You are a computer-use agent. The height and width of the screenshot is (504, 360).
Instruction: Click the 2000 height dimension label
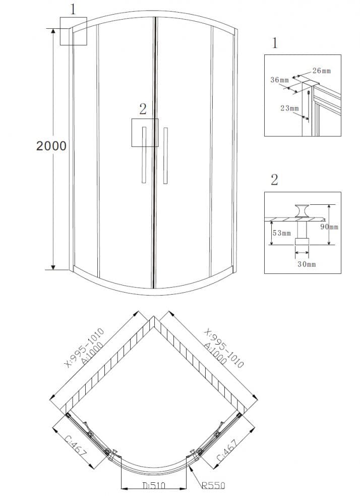(x=51, y=146)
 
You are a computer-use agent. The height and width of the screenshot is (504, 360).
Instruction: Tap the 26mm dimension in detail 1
(x=322, y=71)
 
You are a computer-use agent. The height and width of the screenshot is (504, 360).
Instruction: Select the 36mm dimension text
(x=279, y=80)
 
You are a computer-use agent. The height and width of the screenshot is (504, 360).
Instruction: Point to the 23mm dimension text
(x=290, y=108)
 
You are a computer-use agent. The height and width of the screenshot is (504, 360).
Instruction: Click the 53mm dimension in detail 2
(x=282, y=233)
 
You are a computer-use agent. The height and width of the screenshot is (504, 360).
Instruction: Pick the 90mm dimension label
(x=329, y=227)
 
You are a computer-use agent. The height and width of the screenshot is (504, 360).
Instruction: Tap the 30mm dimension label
(x=307, y=264)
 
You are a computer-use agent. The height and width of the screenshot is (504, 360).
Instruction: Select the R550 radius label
(x=214, y=485)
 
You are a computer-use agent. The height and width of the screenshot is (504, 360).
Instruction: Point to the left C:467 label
(x=76, y=447)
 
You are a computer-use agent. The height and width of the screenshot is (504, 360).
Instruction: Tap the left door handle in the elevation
(x=144, y=155)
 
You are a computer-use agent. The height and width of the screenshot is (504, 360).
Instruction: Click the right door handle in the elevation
(x=165, y=155)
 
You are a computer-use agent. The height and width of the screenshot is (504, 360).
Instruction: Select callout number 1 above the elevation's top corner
(x=73, y=9)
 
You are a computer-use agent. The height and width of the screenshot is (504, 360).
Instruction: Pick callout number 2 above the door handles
(x=143, y=109)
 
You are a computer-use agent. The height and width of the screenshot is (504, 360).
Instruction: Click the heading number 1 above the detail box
(x=275, y=43)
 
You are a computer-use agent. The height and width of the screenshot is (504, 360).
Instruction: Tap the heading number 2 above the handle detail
(x=274, y=180)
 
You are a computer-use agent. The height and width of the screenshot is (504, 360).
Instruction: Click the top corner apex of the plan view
(x=154, y=316)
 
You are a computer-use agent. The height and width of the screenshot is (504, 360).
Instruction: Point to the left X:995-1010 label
(x=84, y=348)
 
